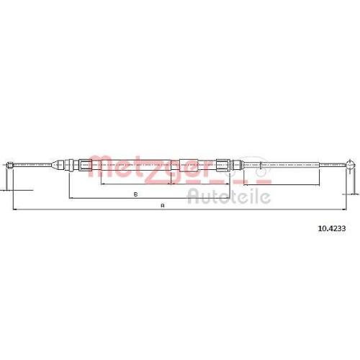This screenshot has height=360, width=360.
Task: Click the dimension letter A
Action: (163, 206)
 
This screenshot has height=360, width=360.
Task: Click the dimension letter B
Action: (136, 194)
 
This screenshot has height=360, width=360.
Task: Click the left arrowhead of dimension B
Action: (68, 198)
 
